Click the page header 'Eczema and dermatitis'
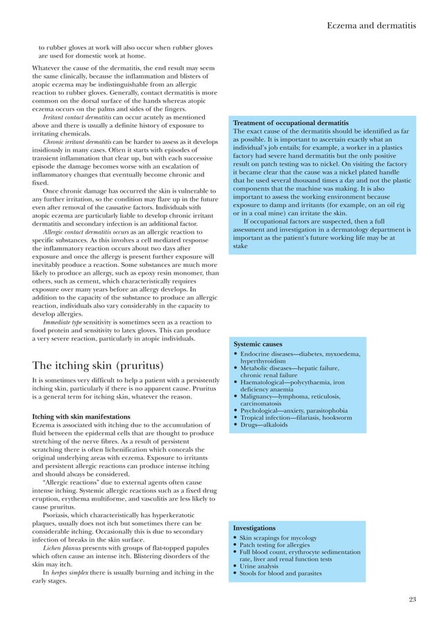pos(371,26)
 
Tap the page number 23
pos(412,599)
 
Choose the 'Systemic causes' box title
pos(258,344)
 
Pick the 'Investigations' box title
pos(255,528)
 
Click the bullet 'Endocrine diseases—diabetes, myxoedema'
pos(300,355)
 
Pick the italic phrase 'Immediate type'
pos(65,323)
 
